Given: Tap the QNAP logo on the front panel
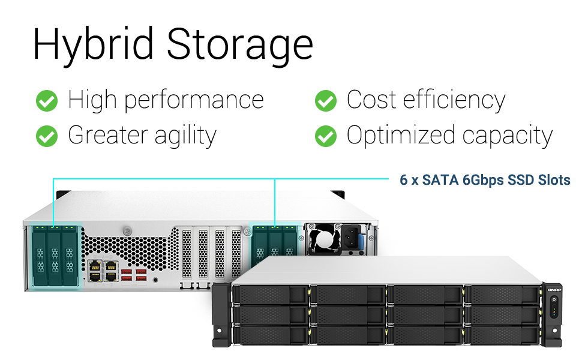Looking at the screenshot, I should click(x=553, y=290).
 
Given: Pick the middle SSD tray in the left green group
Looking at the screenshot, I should click(x=55, y=255).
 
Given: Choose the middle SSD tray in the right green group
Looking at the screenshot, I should click(x=275, y=246).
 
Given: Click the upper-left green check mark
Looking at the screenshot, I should click(x=47, y=101).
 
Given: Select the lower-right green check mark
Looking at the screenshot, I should click(x=326, y=136).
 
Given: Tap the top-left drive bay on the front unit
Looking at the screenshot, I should click(x=269, y=294).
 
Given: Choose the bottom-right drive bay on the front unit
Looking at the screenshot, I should click(x=503, y=334).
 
